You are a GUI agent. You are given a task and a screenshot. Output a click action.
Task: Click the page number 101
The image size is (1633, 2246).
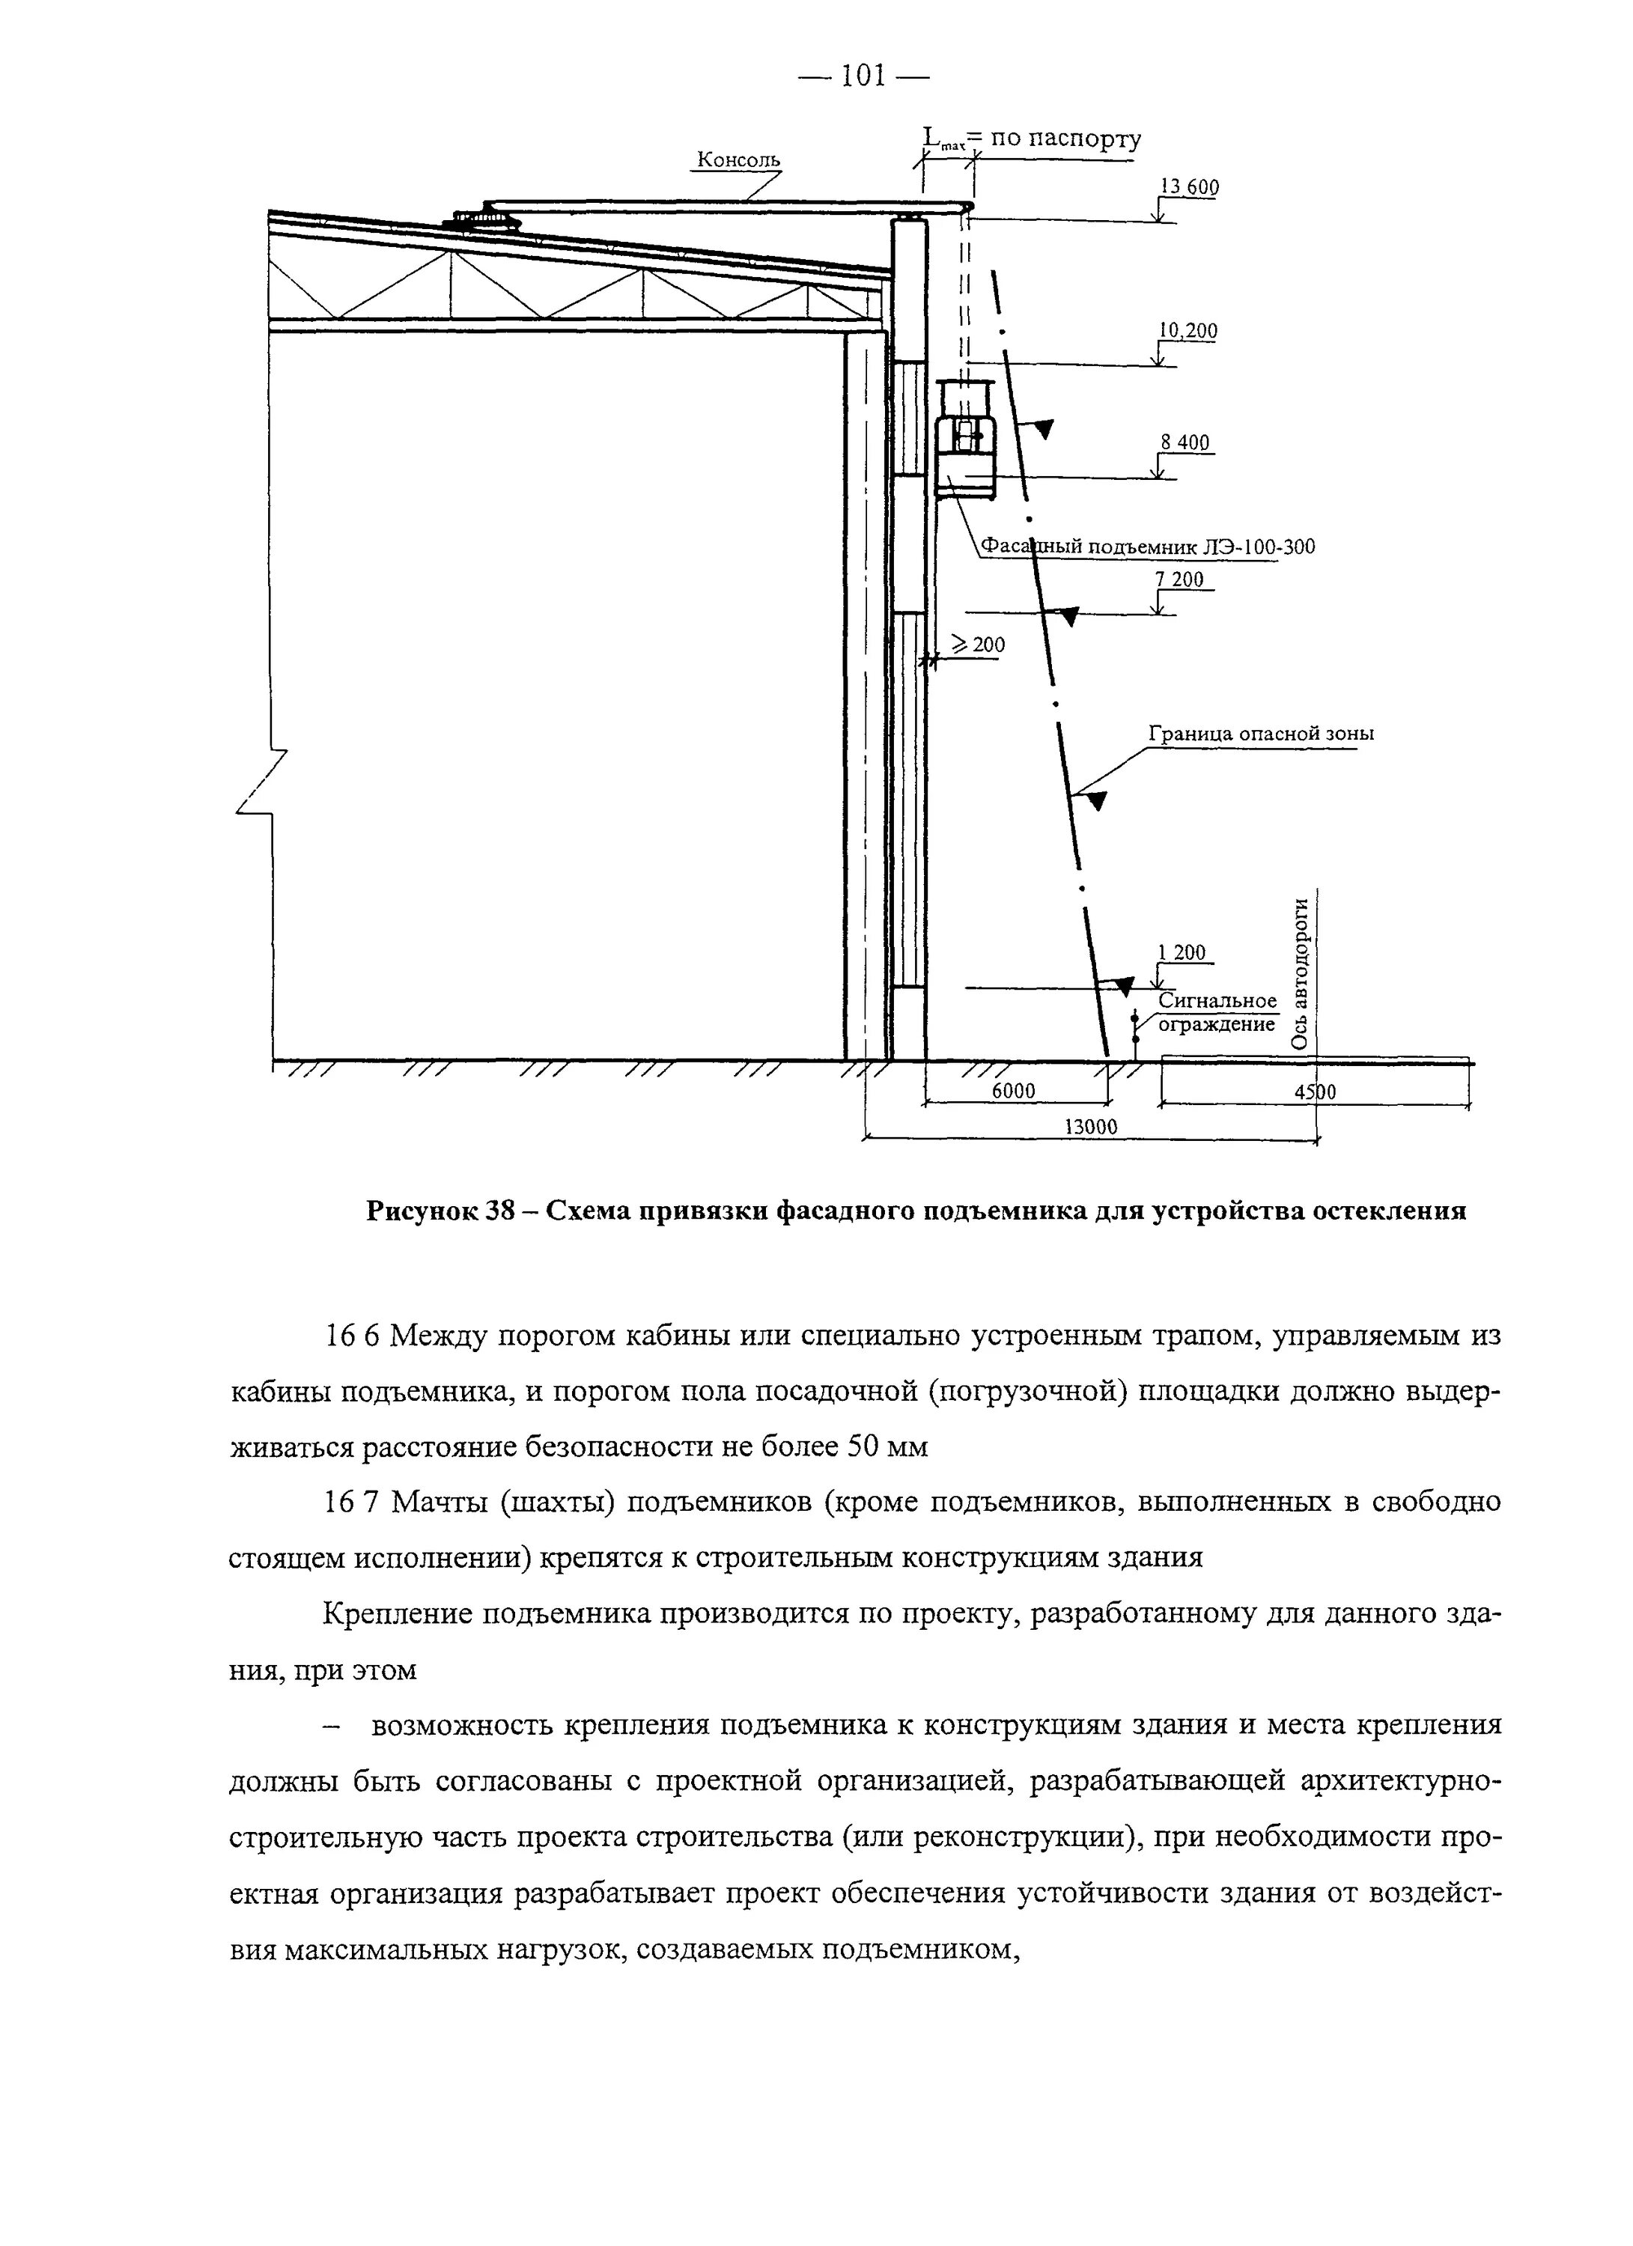863,76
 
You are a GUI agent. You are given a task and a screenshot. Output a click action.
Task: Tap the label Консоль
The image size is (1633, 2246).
739,159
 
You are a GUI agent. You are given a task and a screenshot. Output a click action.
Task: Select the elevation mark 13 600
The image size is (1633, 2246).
1189,187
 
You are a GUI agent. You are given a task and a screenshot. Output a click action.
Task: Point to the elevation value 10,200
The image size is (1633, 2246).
1188,331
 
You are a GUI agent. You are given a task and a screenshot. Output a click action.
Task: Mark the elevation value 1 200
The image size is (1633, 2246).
1182,952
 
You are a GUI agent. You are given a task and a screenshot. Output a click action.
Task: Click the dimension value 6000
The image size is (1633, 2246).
1013,1092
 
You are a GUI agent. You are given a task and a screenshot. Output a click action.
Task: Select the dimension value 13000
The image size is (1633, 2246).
1090,1127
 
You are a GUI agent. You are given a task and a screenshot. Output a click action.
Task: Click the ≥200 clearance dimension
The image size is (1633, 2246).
979,645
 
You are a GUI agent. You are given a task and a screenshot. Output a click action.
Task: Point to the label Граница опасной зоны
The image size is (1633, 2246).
1261,734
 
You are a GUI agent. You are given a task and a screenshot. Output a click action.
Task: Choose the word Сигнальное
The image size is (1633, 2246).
1218,1001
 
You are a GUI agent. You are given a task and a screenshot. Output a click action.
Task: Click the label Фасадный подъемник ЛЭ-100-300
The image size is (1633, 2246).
1148,547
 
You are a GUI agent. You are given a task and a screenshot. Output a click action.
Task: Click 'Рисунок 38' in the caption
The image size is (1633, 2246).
437,1211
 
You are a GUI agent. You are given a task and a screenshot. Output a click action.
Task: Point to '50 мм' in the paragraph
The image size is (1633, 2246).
888,1447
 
